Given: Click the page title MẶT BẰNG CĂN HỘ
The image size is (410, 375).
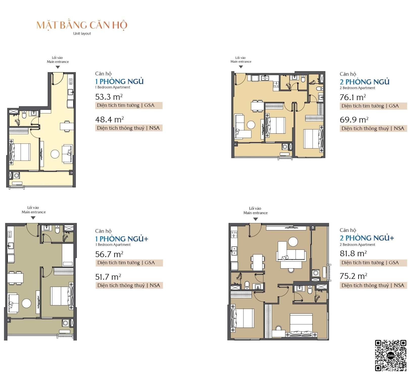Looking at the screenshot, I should coord(82,25).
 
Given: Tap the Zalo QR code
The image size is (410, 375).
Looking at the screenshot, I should coord(390,355).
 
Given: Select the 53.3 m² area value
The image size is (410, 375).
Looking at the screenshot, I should coord(109,97).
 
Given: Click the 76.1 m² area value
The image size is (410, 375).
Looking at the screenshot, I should coord(353,97).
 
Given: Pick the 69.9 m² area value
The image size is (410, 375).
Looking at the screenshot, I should coord(354,120).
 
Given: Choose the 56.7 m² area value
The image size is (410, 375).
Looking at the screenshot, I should coord(109,254).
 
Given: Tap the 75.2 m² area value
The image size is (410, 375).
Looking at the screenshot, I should coord(353,276).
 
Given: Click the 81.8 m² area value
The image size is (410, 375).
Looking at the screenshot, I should coord(353,253).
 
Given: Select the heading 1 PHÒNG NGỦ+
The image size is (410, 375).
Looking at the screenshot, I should coord(122,239).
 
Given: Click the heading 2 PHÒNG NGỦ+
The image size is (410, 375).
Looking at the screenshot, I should coord(367,238).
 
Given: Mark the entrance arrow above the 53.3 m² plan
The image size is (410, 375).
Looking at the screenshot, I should coord(58,67).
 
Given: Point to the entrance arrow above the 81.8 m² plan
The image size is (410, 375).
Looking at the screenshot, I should coord(255,219).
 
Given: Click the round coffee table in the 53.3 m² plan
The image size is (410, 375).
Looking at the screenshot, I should coord(55,154).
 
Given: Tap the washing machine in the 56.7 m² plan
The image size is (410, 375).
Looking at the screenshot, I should coord(65,323).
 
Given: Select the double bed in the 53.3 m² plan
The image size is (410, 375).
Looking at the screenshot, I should coord(21,152).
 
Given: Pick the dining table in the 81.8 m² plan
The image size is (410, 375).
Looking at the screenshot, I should coord(258,262).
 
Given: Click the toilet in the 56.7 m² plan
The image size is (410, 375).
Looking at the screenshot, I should coord(57,230).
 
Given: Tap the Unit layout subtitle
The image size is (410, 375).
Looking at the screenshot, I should coord(82,33).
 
